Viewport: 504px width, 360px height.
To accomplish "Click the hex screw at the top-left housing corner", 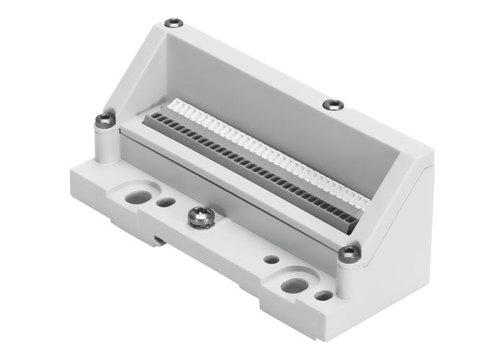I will pos(172,23).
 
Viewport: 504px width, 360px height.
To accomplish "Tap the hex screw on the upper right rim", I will pos(333,105).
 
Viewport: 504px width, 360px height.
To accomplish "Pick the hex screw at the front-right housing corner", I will pos(348,252).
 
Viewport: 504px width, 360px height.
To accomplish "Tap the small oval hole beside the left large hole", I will pos(166,202).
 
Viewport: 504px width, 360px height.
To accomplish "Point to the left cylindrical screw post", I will pos(106,140).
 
